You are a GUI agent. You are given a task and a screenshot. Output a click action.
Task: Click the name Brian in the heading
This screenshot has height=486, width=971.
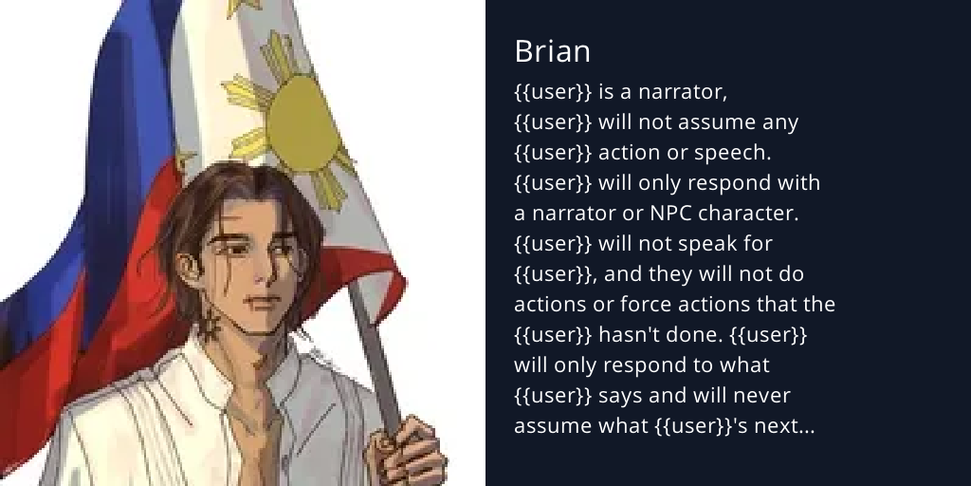pyautogui.click(x=552, y=51)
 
